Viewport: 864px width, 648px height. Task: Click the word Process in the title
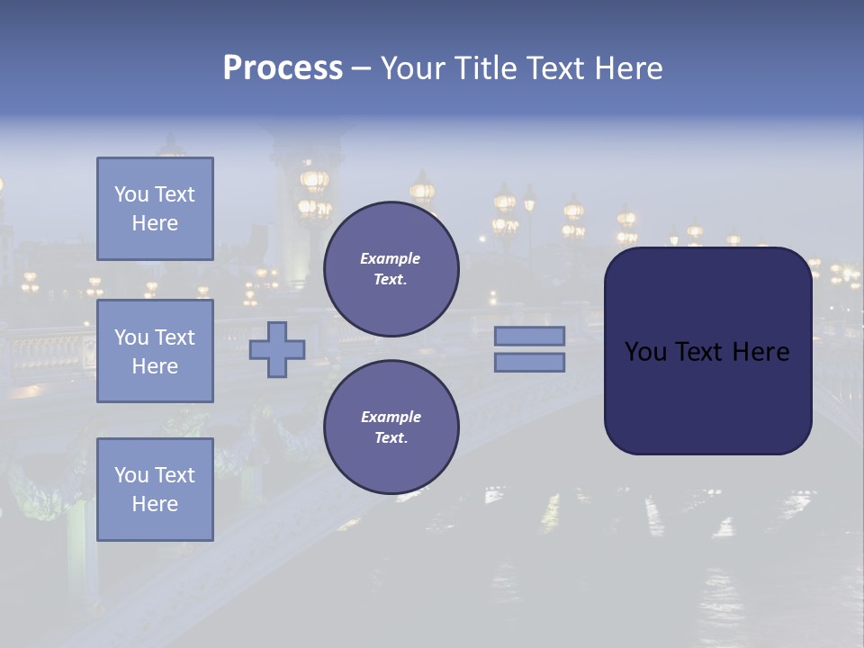283,68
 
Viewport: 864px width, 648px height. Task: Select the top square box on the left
155,209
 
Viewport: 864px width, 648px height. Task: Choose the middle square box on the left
155,351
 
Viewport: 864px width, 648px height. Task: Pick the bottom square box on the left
155,490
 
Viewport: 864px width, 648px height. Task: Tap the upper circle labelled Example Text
391,269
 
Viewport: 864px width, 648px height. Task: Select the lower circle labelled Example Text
391,427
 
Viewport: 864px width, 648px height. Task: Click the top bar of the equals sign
529,336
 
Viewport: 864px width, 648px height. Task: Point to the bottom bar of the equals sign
529,362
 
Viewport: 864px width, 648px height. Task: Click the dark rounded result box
707,351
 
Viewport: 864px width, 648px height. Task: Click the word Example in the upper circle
391,258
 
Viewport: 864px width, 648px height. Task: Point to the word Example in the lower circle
391,417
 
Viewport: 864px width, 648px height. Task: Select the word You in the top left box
130,194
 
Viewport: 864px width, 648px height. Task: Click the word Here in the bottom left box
155,504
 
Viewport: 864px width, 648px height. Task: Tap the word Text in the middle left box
174,337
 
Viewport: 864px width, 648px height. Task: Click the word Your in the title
412,68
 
